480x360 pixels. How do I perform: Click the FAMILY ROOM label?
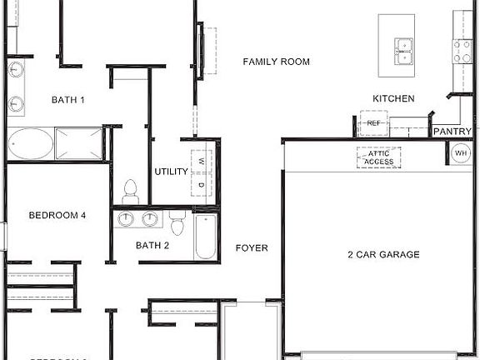pyautogui.click(x=276, y=62)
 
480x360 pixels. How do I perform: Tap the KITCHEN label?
pyautogui.click(x=393, y=98)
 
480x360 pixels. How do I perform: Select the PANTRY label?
pyautogui.click(x=452, y=132)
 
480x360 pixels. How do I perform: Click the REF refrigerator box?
pyautogui.click(x=373, y=124)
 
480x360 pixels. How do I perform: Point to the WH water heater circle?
pyautogui.click(x=461, y=153)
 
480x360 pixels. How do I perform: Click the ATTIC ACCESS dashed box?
pyautogui.click(x=379, y=157)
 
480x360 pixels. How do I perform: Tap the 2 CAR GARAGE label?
pyautogui.click(x=383, y=255)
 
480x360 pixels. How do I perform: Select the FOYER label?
pyautogui.click(x=252, y=248)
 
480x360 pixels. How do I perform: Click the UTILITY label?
pyautogui.click(x=171, y=172)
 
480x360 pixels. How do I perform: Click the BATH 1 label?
pyautogui.click(x=68, y=100)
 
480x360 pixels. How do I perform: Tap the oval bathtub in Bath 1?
pyautogui.click(x=31, y=143)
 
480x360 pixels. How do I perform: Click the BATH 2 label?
pyautogui.click(x=152, y=245)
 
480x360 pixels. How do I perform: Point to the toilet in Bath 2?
pyautogui.click(x=177, y=224)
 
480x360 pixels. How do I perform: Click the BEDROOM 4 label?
pyautogui.click(x=57, y=216)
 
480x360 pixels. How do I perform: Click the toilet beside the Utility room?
pyautogui.click(x=130, y=191)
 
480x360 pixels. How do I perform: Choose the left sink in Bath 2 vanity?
pyautogui.click(x=126, y=219)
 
